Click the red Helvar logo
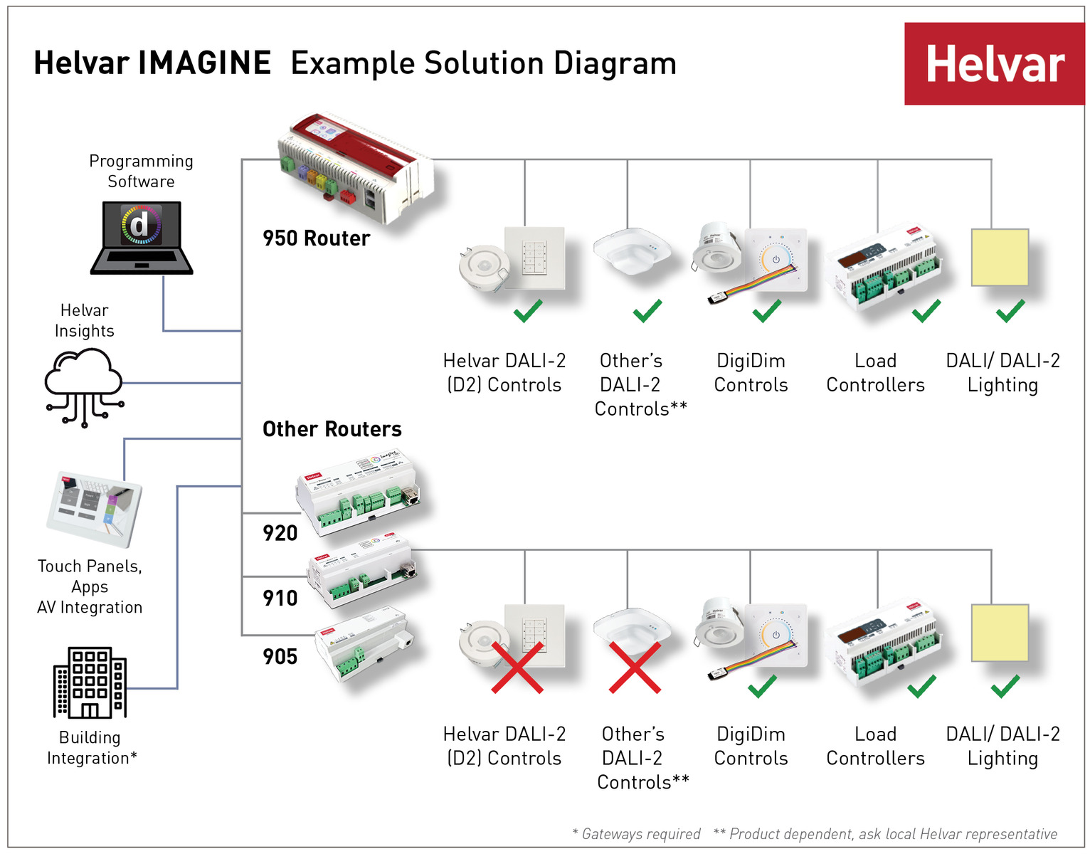coord(994,64)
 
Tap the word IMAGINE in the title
coord(205,63)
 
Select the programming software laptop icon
coord(142,238)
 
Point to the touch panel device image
coord(94,508)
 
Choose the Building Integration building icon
coord(90,682)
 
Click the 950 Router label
coord(316,238)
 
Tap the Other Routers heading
coord(332,429)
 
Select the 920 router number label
coord(280,533)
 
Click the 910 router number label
coord(280,599)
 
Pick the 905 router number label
coord(280,657)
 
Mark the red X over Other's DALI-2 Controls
coord(635,668)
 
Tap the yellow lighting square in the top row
coord(1000,258)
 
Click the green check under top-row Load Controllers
coord(926,311)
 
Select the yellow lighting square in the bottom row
coord(1000,633)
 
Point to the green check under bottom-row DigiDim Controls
coord(762,687)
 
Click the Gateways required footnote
coord(637,834)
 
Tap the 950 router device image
coord(354,168)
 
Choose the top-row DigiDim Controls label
coord(751,373)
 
